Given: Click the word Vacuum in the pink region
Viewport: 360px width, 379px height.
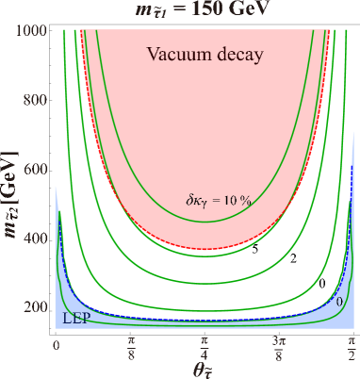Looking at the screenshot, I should tap(176, 54).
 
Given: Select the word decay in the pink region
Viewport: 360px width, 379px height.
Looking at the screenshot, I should tap(236, 55).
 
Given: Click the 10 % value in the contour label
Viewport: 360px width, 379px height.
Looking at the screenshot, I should tap(245, 199).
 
